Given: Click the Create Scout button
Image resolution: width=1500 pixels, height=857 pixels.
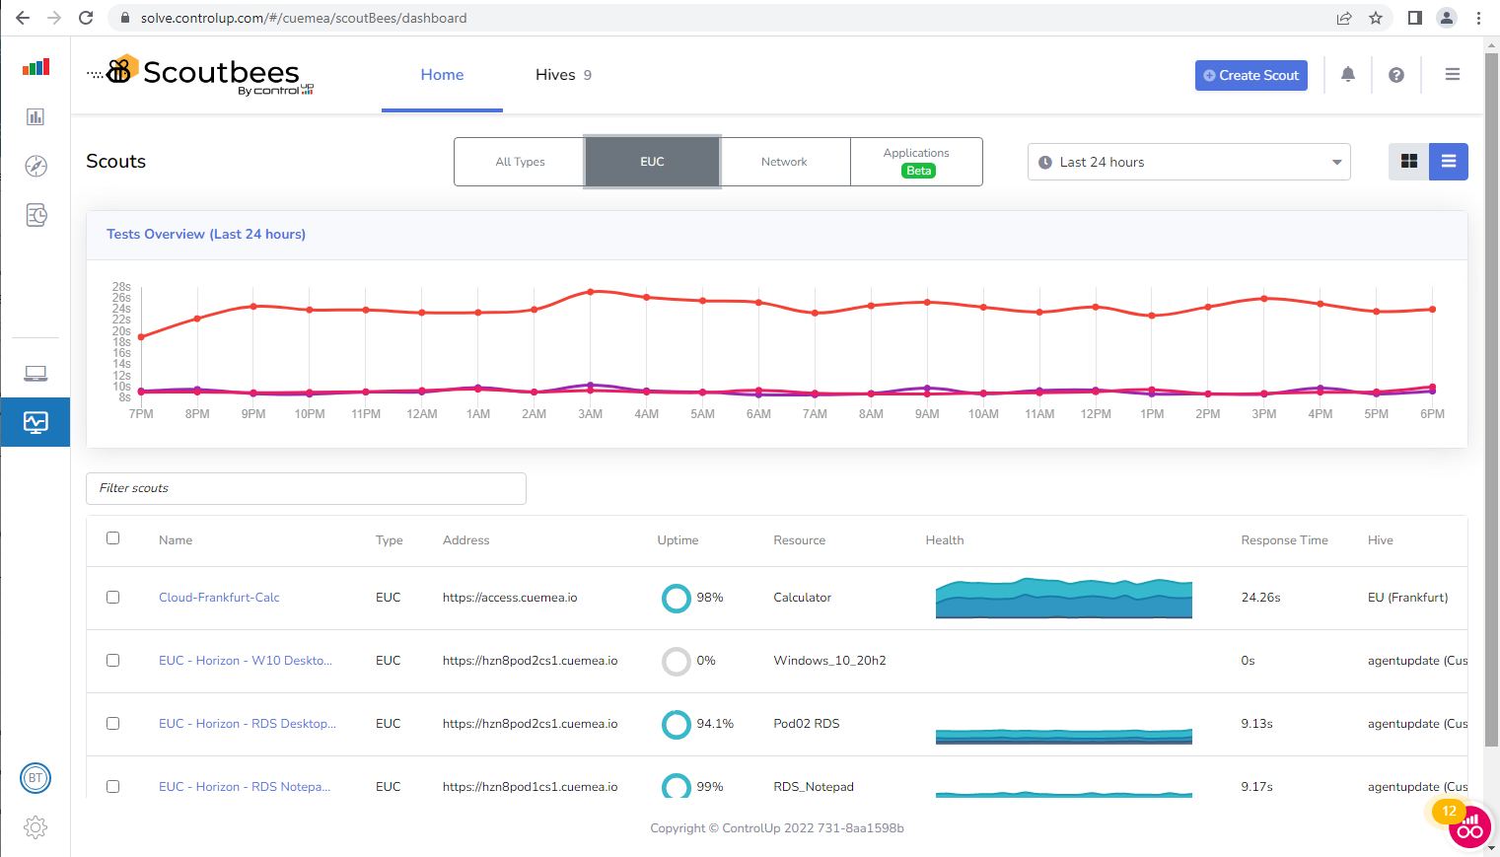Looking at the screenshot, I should pyautogui.click(x=1250, y=75).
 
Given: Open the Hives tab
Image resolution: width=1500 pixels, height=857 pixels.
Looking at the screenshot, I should pyautogui.click(x=562, y=75).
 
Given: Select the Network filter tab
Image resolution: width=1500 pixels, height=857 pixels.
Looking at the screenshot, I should pyautogui.click(x=784, y=162).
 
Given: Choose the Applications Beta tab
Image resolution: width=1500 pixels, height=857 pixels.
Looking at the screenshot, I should pyautogui.click(x=916, y=162).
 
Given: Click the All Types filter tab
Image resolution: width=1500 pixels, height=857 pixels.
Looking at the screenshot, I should pyautogui.click(x=520, y=162).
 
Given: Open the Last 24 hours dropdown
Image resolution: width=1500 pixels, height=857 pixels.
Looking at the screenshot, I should pyautogui.click(x=1188, y=162).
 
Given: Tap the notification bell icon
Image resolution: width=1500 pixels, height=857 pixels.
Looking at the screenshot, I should pyautogui.click(x=1348, y=74).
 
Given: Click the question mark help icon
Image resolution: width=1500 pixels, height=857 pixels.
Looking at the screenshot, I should pyautogui.click(x=1395, y=75).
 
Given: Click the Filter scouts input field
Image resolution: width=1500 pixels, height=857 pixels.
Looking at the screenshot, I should pyautogui.click(x=306, y=488).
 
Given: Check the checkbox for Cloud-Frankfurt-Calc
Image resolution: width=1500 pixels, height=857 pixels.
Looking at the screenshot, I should pyautogui.click(x=113, y=598).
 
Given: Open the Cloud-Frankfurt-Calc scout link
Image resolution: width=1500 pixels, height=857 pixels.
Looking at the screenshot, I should pyautogui.click(x=219, y=598).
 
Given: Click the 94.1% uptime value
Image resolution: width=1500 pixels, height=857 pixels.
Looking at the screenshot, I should pyautogui.click(x=715, y=724).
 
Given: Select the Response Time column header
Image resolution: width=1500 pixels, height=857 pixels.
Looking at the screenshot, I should pyautogui.click(x=1284, y=540).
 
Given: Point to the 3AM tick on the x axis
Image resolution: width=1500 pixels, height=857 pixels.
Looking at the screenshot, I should pyautogui.click(x=590, y=414).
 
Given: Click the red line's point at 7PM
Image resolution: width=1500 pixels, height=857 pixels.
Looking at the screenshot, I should pyautogui.click(x=142, y=337).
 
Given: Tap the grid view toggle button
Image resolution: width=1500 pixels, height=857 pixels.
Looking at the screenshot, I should pyautogui.click(x=1408, y=162).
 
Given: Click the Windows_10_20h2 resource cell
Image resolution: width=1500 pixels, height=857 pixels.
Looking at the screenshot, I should pyautogui.click(x=829, y=661).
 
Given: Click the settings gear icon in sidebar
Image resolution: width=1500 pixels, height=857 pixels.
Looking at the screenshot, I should pyautogui.click(x=36, y=827).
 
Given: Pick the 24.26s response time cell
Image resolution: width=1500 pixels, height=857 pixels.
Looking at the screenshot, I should pyautogui.click(x=1260, y=598).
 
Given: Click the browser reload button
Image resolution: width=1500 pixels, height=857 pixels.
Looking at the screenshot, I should pyautogui.click(x=86, y=18).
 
